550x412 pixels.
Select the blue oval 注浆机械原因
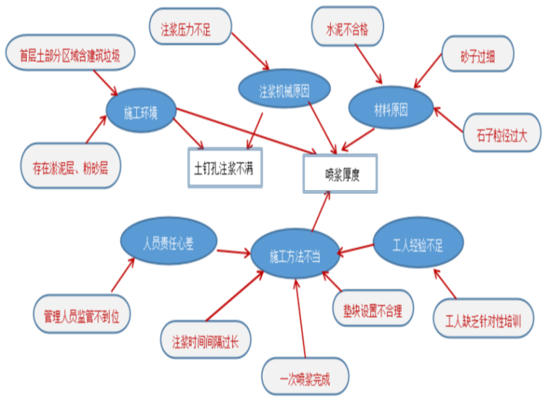point(284,92)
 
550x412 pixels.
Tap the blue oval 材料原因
point(391,110)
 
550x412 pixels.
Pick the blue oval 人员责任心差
point(168,244)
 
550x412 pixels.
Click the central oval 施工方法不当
point(295,256)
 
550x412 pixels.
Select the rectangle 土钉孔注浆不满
point(224,168)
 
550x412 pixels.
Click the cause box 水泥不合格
point(348,29)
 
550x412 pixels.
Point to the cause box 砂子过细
point(478,55)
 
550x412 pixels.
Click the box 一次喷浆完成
point(305,379)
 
